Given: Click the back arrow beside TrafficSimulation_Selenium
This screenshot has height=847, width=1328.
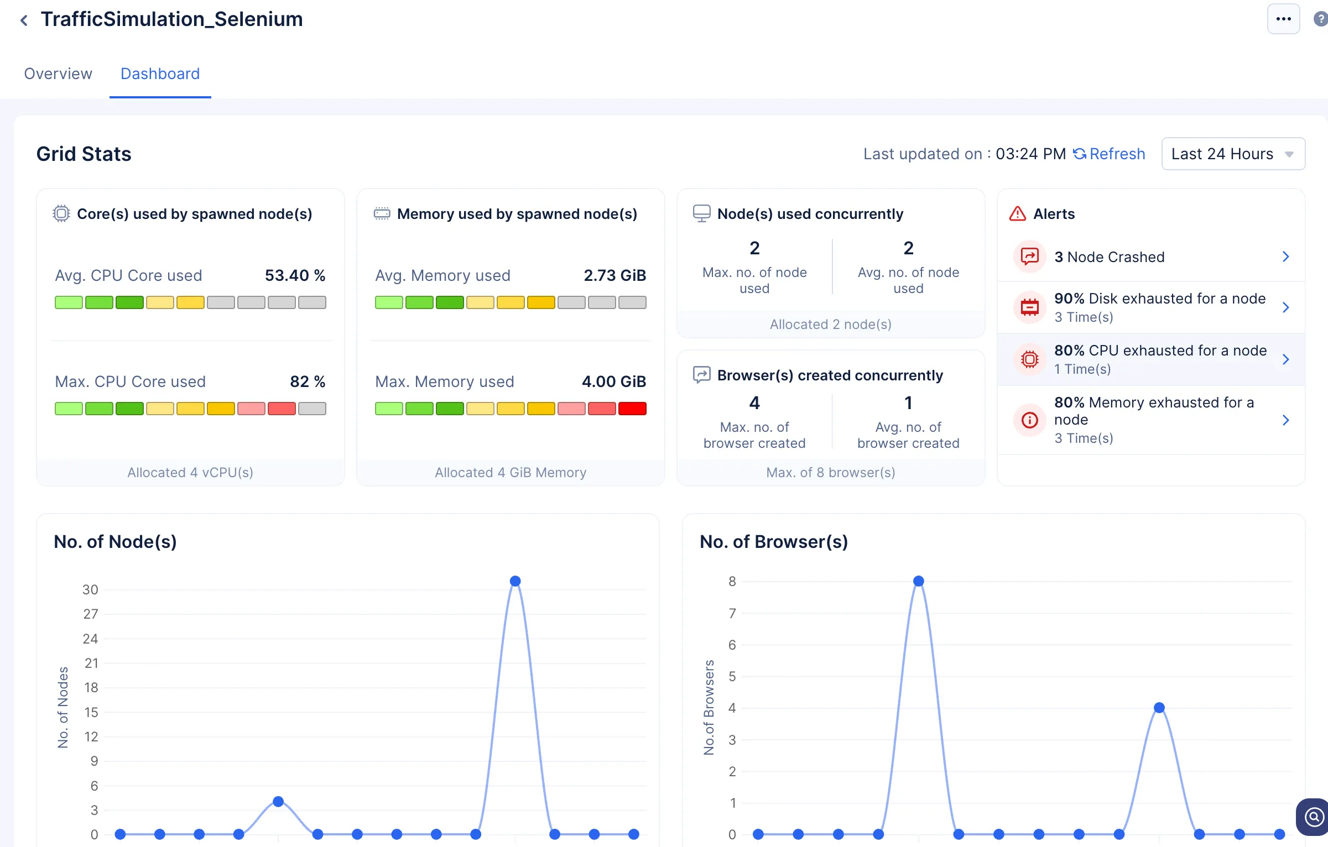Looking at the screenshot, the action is (x=24, y=20).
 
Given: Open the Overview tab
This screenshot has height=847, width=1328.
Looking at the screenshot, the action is (x=58, y=74).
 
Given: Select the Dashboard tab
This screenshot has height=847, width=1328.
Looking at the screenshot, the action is (x=160, y=74).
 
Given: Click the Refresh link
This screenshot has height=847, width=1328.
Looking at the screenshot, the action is (x=1109, y=154).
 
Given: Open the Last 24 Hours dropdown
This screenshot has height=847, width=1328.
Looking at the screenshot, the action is (x=1233, y=154).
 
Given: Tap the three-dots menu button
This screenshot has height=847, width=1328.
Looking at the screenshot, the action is (x=1283, y=19).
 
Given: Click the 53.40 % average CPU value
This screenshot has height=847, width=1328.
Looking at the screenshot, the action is (x=295, y=275).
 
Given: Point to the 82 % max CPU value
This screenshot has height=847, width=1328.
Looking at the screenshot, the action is (x=308, y=381).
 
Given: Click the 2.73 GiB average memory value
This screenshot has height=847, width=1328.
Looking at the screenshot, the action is (x=614, y=275).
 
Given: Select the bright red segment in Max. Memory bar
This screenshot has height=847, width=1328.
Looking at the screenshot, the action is (x=632, y=409).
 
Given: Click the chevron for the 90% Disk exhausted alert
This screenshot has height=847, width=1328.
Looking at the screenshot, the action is (x=1286, y=307).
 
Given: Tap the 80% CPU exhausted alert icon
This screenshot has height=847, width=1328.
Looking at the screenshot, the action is (x=1029, y=359).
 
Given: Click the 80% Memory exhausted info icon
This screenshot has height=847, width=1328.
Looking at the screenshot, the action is (x=1029, y=420).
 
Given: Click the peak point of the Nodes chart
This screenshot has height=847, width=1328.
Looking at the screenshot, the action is (x=515, y=581).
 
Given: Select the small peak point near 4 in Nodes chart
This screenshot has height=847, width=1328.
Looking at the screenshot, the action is (x=278, y=802).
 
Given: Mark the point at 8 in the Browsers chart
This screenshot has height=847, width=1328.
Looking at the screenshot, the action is (x=919, y=581).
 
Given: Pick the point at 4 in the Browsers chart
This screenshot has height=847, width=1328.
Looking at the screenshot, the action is (x=1159, y=708).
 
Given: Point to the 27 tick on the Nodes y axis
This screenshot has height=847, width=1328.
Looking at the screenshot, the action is (x=91, y=614).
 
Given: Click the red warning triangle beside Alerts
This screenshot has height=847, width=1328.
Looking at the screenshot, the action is (x=1017, y=213).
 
